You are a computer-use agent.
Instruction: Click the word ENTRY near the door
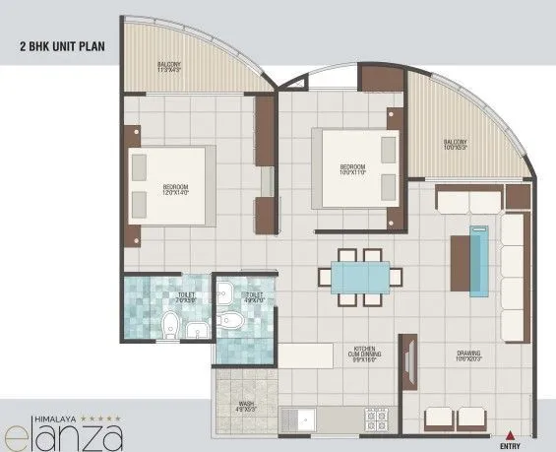511,444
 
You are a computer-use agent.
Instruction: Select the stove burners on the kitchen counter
376,420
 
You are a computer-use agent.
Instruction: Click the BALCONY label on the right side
454,144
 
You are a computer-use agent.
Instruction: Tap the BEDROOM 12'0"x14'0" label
176,189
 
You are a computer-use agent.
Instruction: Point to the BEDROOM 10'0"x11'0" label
352,169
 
